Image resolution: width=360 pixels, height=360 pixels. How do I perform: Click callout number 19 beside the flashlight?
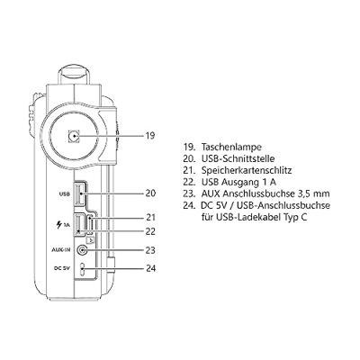tap(150, 136)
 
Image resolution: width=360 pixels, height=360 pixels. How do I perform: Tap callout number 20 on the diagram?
tap(150, 193)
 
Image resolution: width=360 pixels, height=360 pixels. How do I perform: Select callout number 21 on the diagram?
tap(150, 217)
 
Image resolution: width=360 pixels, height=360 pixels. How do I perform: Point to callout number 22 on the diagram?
tap(150, 231)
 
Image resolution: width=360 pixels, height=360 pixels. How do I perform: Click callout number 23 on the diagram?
tap(150, 250)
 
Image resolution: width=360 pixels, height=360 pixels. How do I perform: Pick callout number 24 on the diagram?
tap(150, 268)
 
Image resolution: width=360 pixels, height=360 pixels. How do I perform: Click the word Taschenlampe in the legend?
tap(231, 148)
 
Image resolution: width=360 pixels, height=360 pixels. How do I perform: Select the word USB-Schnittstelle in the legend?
tap(238, 158)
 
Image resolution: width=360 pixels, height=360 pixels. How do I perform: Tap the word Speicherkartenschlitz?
tap(247, 171)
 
